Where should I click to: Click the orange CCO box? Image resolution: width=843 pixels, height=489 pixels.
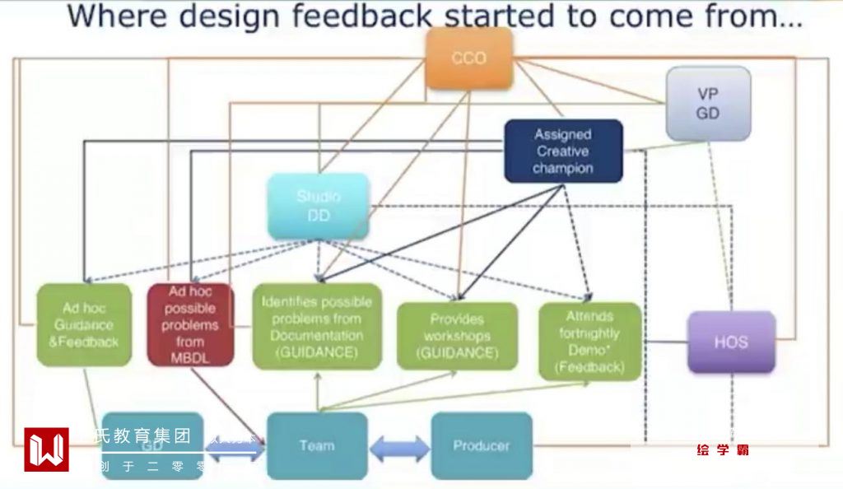(x=468, y=58)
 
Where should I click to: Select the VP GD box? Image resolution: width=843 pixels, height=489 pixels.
(x=708, y=105)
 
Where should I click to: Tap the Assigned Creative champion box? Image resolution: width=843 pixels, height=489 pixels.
(x=563, y=151)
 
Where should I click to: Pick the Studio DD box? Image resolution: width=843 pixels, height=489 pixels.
(x=318, y=207)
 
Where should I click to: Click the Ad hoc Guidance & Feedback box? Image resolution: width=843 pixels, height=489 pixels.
(x=84, y=324)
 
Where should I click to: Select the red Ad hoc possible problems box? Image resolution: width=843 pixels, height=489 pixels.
(x=190, y=324)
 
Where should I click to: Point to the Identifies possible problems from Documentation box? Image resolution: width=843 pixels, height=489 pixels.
(x=317, y=326)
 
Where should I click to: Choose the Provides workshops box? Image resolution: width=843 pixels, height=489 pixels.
(x=457, y=336)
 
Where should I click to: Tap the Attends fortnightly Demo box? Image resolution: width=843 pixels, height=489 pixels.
(x=589, y=341)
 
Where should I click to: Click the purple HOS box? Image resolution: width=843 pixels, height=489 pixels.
(x=731, y=342)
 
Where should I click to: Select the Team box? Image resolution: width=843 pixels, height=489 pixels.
(x=317, y=445)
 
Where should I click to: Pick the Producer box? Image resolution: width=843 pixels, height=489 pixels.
(x=482, y=445)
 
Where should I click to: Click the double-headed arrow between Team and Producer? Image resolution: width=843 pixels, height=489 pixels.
(x=399, y=449)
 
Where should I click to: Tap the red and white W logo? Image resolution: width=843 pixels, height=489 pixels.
(x=46, y=449)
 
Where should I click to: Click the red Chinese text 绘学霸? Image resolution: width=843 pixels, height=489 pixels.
(x=723, y=450)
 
